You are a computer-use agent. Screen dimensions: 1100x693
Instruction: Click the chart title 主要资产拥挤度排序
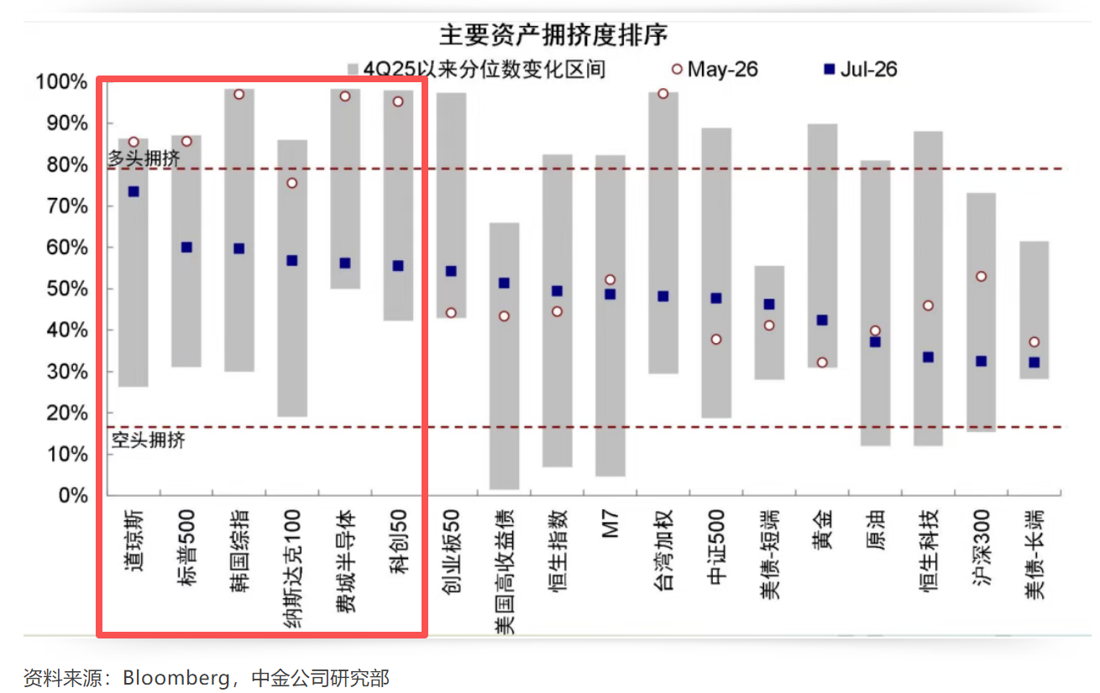coord(553,35)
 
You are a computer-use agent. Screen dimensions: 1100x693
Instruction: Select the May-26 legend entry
coord(715,69)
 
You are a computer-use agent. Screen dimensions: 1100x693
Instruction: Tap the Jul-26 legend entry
coord(861,69)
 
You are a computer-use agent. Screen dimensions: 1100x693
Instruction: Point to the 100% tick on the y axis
coord(61,81)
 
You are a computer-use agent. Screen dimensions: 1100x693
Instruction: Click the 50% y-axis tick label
coord(67,289)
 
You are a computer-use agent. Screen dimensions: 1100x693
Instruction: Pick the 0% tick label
coord(73,495)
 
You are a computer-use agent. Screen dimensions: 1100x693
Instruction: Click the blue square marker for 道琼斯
coord(134,191)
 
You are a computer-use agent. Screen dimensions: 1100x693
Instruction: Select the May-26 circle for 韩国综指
coord(239,94)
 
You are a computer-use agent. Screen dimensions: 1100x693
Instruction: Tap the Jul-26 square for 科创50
coord(398,266)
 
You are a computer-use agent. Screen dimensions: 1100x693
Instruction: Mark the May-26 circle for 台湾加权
coord(663,94)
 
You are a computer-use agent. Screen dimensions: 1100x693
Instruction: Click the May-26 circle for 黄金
coord(822,362)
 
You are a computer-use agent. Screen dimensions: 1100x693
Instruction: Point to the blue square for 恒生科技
coord(928,357)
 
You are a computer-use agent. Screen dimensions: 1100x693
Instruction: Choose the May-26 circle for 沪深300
coord(981,277)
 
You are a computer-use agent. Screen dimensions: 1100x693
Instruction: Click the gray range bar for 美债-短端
coord(769,322)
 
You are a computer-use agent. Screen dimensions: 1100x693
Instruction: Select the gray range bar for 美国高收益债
coord(505,356)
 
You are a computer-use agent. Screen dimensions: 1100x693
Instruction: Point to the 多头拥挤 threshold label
coord(144,158)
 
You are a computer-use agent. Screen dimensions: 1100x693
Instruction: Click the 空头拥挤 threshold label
coord(149,440)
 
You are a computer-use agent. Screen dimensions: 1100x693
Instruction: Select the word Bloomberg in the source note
coord(176,678)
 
